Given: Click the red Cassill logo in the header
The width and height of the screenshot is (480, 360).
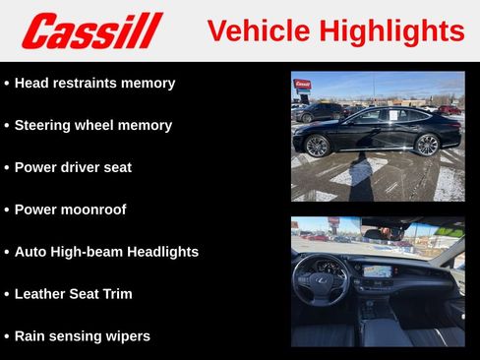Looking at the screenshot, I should pos(91,30).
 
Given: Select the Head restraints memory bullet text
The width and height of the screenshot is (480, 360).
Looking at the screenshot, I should pos(94,84).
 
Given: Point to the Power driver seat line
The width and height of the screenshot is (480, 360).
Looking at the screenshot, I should pos(72,168).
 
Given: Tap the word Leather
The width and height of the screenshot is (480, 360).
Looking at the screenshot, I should pos(42,294).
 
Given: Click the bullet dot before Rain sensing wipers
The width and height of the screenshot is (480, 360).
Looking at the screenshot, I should pos(7,336).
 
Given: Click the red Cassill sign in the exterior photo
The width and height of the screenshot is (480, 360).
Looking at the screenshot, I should pos(302,86).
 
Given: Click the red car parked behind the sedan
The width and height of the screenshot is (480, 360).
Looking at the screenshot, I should pos(448,109).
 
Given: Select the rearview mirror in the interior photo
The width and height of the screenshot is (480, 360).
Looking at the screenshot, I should pos(391,233).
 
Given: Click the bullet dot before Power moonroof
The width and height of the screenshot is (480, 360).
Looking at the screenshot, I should pos(7,210).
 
